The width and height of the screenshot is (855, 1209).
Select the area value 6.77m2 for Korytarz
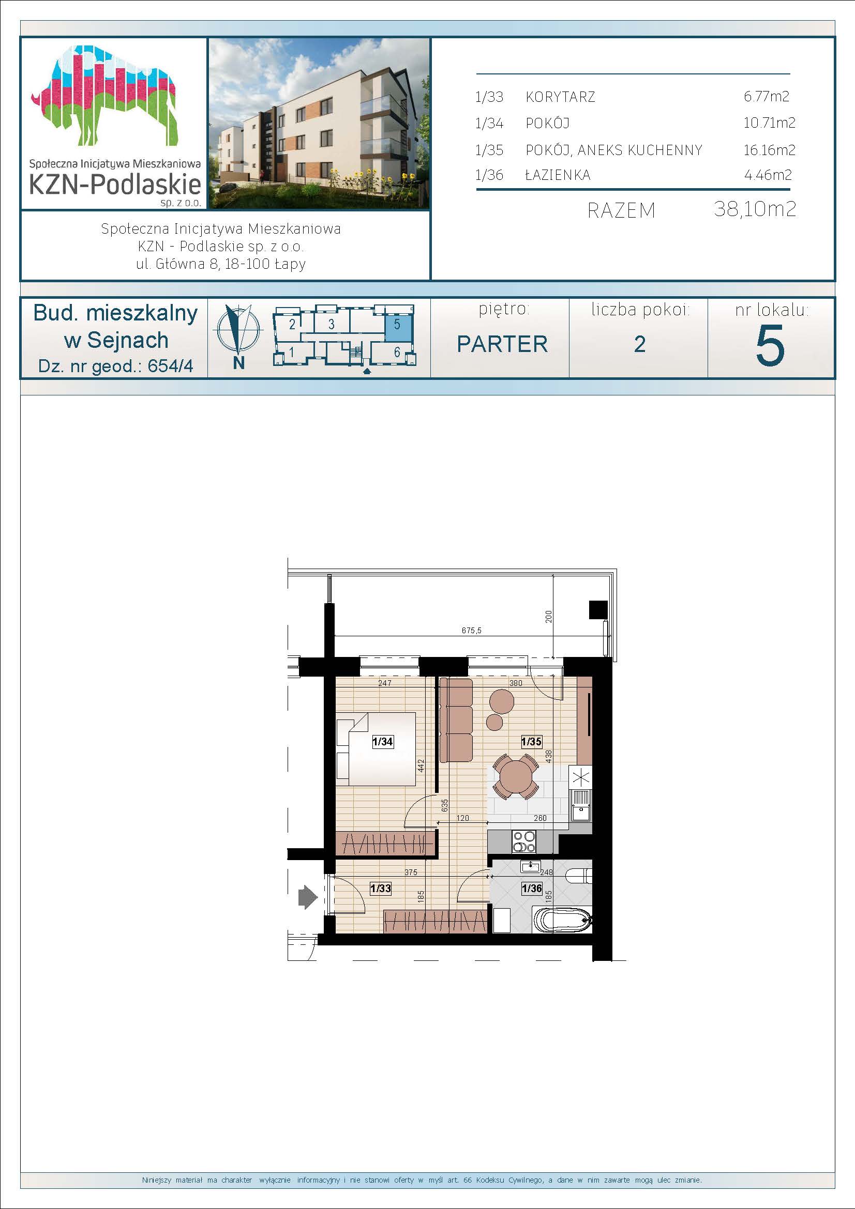tap(767, 96)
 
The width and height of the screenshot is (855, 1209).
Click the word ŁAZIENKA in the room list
tap(558, 175)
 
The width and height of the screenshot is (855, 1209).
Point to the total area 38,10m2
tap(755, 209)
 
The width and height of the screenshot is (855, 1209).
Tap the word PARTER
tap(503, 344)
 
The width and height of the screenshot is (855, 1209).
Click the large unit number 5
tap(770, 345)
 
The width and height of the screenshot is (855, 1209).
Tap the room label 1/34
tap(382, 742)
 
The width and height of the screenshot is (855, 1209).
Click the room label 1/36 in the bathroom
tap(532, 889)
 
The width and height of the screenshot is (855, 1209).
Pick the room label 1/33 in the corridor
tap(380, 889)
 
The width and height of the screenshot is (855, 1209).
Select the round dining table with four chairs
tap(516, 776)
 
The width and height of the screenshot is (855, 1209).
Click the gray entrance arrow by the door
tap(308, 896)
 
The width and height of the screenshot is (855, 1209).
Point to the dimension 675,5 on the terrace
tap(472, 630)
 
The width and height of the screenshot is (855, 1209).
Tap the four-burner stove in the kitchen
tap(524, 841)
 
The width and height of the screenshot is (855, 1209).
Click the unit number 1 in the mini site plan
tap(291, 353)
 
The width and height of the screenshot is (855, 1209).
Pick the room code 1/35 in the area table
tap(489, 150)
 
